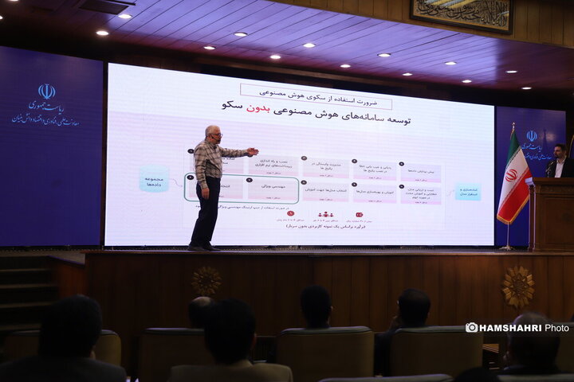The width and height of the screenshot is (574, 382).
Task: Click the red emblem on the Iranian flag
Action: click(x=511, y=174)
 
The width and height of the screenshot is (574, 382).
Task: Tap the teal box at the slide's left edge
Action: click(x=154, y=178)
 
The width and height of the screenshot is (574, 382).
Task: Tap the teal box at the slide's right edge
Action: click(x=468, y=191)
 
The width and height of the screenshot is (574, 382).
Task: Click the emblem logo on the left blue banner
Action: click(x=46, y=92)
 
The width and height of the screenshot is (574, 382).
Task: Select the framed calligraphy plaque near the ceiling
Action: click(x=462, y=14)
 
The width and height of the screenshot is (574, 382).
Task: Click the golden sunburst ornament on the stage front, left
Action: click(x=206, y=281)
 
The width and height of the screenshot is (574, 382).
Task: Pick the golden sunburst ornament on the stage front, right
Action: click(x=517, y=286)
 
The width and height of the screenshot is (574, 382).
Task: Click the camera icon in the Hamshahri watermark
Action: click(x=472, y=327)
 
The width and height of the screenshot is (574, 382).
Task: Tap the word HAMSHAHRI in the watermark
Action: click(x=512, y=327)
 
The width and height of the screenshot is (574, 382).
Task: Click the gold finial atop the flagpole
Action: click(x=513, y=125)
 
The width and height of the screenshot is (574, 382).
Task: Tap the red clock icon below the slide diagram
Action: click(x=290, y=212)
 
